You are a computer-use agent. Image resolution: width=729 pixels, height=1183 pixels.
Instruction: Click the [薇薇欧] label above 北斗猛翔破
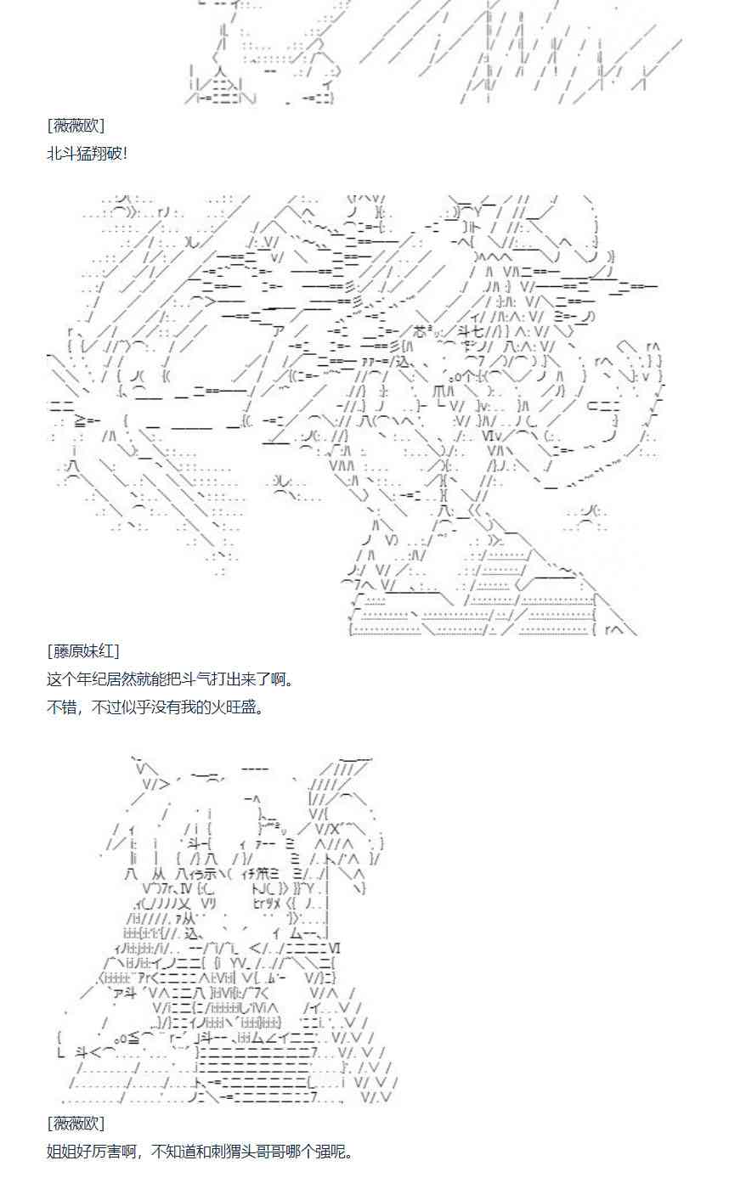click(x=76, y=126)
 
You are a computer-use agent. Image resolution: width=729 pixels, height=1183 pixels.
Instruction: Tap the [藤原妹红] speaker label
click(x=83, y=651)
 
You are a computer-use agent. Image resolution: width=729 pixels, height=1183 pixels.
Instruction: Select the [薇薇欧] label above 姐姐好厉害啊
click(x=76, y=1124)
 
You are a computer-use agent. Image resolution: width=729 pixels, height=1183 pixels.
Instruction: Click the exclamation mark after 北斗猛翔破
click(x=125, y=154)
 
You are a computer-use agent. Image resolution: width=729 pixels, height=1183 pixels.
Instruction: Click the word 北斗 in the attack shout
click(x=60, y=154)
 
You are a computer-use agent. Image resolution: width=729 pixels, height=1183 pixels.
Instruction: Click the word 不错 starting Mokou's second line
click(x=60, y=707)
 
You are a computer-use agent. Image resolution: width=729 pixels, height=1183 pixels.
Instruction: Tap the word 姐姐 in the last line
click(x=60, y=1152)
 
